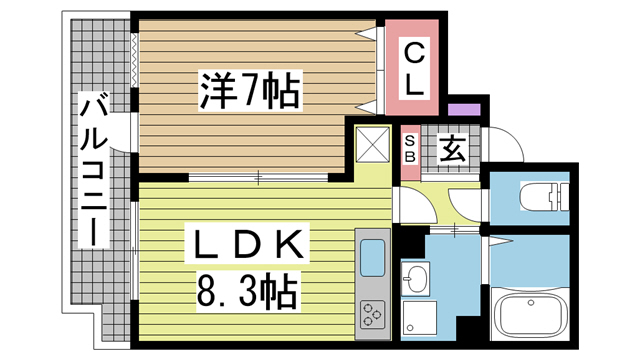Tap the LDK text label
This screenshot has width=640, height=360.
coord(244,243)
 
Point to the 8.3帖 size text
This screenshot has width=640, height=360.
coord(244,292)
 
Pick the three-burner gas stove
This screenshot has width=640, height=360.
coord(373,313)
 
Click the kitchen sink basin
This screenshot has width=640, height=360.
coord(371,258)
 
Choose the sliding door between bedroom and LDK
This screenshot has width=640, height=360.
coord(258,177)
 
